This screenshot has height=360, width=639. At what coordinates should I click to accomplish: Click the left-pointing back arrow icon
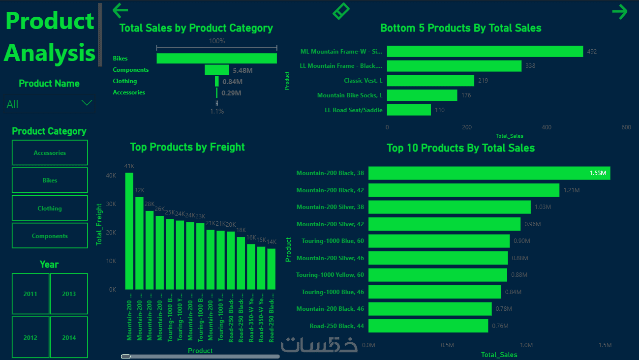[x=120, y=10]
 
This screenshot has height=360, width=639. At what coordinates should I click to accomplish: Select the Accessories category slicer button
[x=50, y=153]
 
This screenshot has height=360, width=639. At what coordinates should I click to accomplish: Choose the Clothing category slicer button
[x=50, y=209]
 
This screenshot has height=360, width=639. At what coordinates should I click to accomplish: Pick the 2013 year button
[x=69, y=294]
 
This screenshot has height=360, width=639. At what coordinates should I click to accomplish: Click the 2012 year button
[x=30, y=338]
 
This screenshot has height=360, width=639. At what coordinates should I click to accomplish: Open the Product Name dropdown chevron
[x=87, y=103]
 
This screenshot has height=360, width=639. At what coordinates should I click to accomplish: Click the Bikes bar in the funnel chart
[x=216, y=59]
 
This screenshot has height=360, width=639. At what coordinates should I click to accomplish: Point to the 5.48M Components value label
[x=243, y=70]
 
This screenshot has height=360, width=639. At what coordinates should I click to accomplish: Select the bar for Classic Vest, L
[x=430, y=81]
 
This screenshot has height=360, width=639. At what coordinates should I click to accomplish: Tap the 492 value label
[x=592, y=51]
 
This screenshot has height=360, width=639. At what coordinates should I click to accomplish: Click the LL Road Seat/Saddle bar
[x=409, y=110]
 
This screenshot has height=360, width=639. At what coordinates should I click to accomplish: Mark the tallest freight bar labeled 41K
[x=129, y=231]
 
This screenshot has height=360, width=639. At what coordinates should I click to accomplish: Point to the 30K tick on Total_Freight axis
[x=111, y=204]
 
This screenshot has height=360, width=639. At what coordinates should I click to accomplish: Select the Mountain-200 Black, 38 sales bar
[x=489, y=173]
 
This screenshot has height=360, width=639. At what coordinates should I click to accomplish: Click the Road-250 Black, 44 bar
[x=428, y=326]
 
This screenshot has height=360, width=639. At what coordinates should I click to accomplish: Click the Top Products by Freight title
[x=187, y=147]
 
